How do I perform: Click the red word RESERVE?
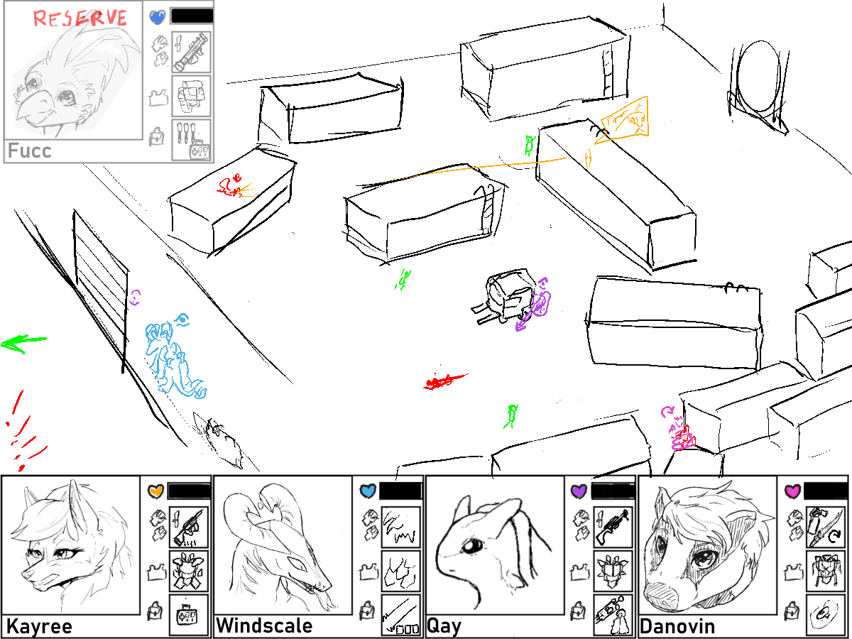click(x=80, y=18)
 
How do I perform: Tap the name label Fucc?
click(x=30, y=151)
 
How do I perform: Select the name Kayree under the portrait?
click(x=39, y=626)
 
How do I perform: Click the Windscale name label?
click(x=264, y=626)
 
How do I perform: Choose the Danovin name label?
click(x=677, y=626)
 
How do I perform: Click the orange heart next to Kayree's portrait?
click(x=156, y=491)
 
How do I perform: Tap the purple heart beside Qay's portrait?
click(x=579, y=491)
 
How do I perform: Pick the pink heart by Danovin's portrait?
click(x=792, y=491)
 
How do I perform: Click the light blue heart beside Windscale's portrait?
click(x=368, y=491)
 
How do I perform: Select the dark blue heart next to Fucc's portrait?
click(x=158, y=17)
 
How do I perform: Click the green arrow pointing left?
click(x=23, y=344)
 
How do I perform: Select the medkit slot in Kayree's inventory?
click(x=188, y=615)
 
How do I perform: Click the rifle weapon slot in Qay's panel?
click(x=613, y=527)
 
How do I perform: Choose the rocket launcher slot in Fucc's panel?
click(x=192, y=52)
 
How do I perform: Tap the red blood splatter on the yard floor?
click(x=445, y=381)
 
